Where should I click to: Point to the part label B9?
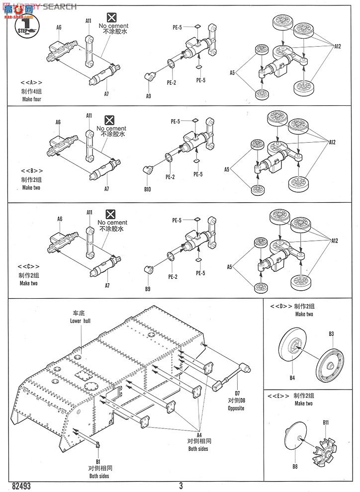click(148, 288)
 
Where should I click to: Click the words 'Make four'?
click(31, 99)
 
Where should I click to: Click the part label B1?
click(98, 462)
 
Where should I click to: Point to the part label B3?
click(331, 333)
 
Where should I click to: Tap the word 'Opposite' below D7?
click(237, 408)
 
